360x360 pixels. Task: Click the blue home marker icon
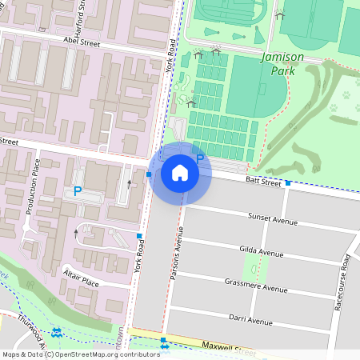point(180,173)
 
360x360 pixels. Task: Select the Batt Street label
point(263,182)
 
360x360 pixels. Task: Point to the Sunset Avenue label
point(271,217)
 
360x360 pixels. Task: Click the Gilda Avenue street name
point(262,252)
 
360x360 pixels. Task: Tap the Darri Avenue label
point(249,319)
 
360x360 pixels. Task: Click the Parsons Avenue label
point(180,253)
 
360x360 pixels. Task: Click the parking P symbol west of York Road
point(78,191)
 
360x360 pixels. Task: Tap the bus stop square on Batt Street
point(287,183)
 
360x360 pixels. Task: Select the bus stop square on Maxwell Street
point(163,340)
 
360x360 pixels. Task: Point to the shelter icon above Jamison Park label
point(279,14)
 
